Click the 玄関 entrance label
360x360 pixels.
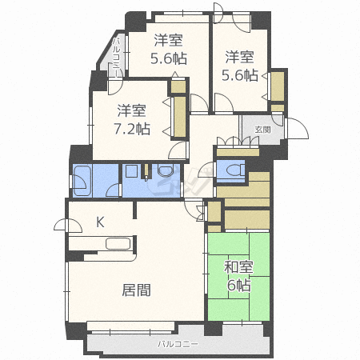(262, 129)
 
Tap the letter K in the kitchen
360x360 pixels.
(101, 222)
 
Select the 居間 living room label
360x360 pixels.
(137, 290)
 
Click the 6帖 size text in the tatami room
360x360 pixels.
(238, 286)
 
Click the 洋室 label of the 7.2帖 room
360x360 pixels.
(132, 110)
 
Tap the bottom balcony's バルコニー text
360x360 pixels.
(178, 345)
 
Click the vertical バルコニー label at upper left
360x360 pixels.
(116, 57)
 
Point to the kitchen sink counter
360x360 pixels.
(106, 245)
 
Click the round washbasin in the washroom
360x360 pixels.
(167, 171)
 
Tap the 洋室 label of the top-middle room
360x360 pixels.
(168, 39)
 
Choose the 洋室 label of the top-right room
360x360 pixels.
(239, 57)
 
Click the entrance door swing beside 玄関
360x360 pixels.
(293, 129)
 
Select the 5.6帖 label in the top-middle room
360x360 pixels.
(168, 58)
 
